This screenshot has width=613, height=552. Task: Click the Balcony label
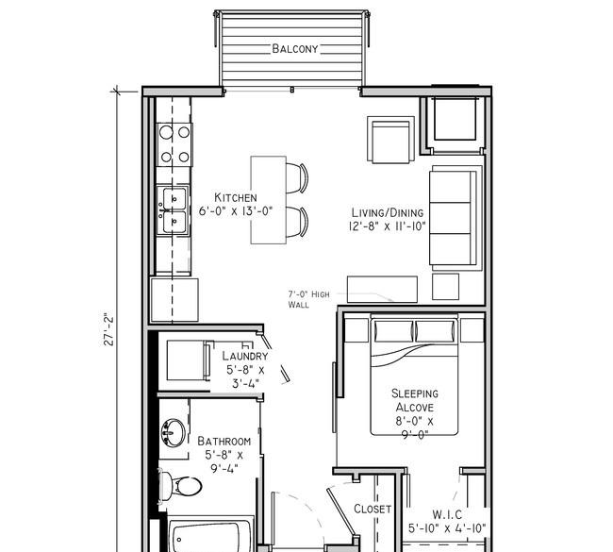tap(295, 49)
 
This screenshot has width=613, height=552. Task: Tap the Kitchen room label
tap(236, 197)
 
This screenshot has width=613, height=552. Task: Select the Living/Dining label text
tap(388, 213)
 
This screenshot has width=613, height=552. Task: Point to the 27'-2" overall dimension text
tap(108, 328)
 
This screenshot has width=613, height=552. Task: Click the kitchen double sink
tap(174, 210)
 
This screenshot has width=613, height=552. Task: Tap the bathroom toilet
tap(181, 486)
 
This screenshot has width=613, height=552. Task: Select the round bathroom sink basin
tap(173, 433)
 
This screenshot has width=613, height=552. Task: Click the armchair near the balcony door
tap(391, 140)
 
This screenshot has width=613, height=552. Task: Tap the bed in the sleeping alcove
tap(414, 375)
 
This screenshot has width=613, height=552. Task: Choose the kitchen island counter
tap(268, 200)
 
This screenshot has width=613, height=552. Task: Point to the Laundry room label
tap(245, 356)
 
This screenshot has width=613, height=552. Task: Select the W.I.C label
tap(447, 514)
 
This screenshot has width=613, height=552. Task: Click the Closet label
tap(373, 509)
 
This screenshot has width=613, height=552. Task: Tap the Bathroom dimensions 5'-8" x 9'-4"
tap(224, 461)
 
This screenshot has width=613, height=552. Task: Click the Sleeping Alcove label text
tap(415, 400)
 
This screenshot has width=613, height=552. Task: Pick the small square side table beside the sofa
tap(446, 287)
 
